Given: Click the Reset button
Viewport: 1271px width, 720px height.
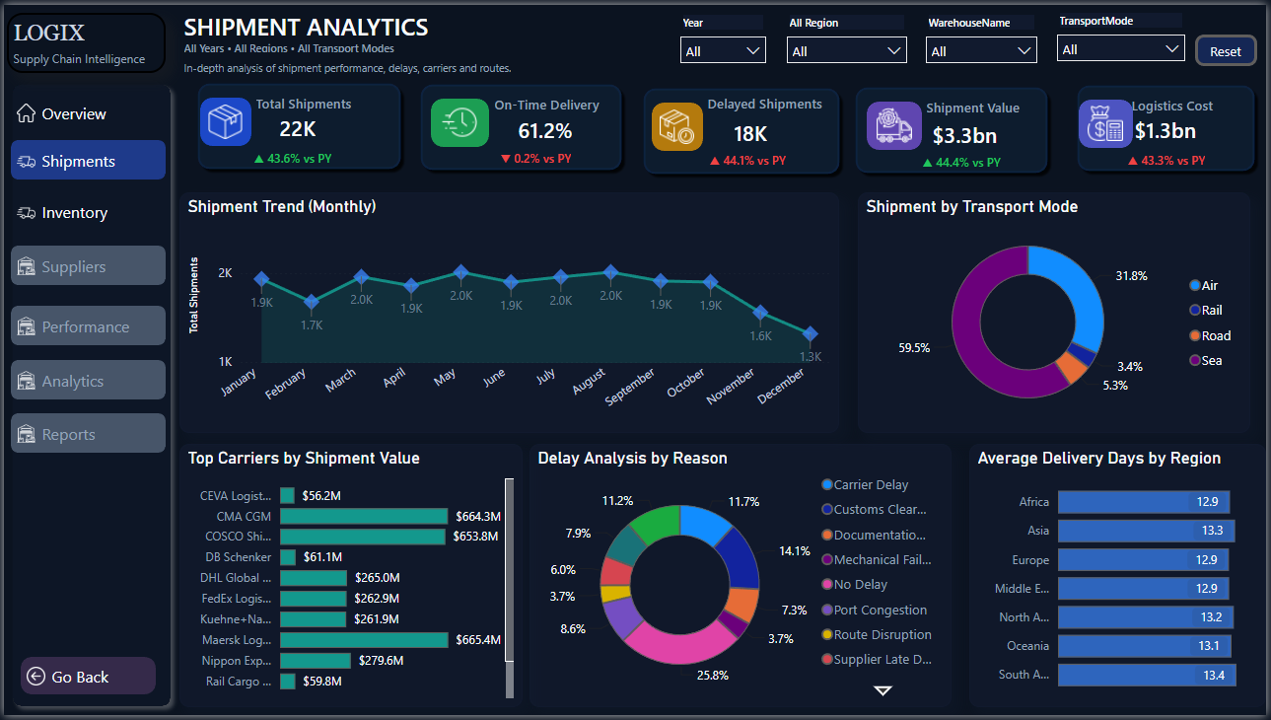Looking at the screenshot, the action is pyautogui.click(x=1225, y=51).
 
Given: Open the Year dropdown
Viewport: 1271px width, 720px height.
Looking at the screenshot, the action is pyautogui.click(x=723, y=50).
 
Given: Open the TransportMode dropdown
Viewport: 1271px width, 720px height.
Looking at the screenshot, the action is pyautogui.click(x=1120, y=48).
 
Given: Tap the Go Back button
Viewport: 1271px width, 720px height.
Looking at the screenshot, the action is pyautogui.click(x=88, y=677).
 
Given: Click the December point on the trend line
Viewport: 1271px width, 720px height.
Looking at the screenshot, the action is pyautogui.click(x=810, y=333).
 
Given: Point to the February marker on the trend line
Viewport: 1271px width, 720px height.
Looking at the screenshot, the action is pyautogui.click(x=311, y=302).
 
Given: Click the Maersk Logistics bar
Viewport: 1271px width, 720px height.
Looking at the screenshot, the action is pyautogui.click(x=364, y=640).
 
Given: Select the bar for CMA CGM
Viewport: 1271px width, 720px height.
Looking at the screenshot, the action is pyautogui.click(x=364, y=516).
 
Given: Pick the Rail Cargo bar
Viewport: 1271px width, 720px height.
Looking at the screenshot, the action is pyautogui.click(x=288, y=681).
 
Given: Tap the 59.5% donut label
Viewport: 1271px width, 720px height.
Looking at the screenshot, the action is pyautogui.click(x=913, y=348).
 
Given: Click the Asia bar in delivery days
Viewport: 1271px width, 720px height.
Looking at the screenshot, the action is pyautogui.click(x=1146, y=531).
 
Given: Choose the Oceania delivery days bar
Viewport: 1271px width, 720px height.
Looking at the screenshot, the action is pyautogui.click(x=1145, y=646).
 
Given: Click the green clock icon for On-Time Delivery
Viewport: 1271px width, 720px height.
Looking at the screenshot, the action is pyautogui.click(x=459, y=122).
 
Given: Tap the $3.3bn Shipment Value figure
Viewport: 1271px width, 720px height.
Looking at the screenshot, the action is pyautogui.click(x=964, y=135).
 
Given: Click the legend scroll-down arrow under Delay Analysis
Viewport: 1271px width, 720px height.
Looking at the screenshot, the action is pyautogui.click(x=883, y=690).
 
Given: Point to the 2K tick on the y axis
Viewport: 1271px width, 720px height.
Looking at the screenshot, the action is pyautogui.click(x=225, y=273).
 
